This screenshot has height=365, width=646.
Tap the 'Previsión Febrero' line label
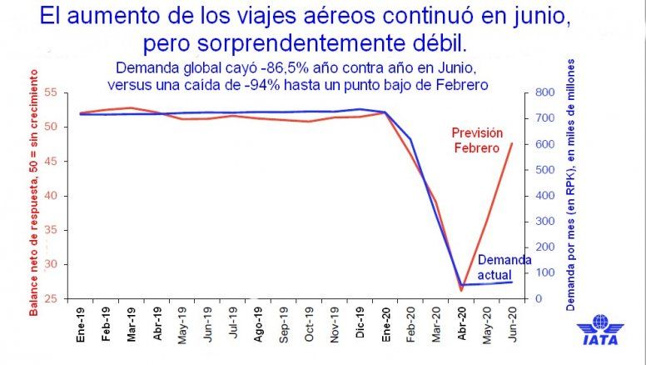[x=480, y=139]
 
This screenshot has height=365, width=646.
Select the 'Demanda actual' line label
[x=504, y=267]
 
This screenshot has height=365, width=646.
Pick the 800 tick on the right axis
[x=544, y=92]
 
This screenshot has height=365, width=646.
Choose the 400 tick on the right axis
[x=544, y=195]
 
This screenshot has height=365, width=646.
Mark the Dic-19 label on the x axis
[x=360, y=324]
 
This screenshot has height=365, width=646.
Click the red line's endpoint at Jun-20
[x=511, y=143]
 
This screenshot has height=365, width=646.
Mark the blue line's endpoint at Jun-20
[x=511, y=282]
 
